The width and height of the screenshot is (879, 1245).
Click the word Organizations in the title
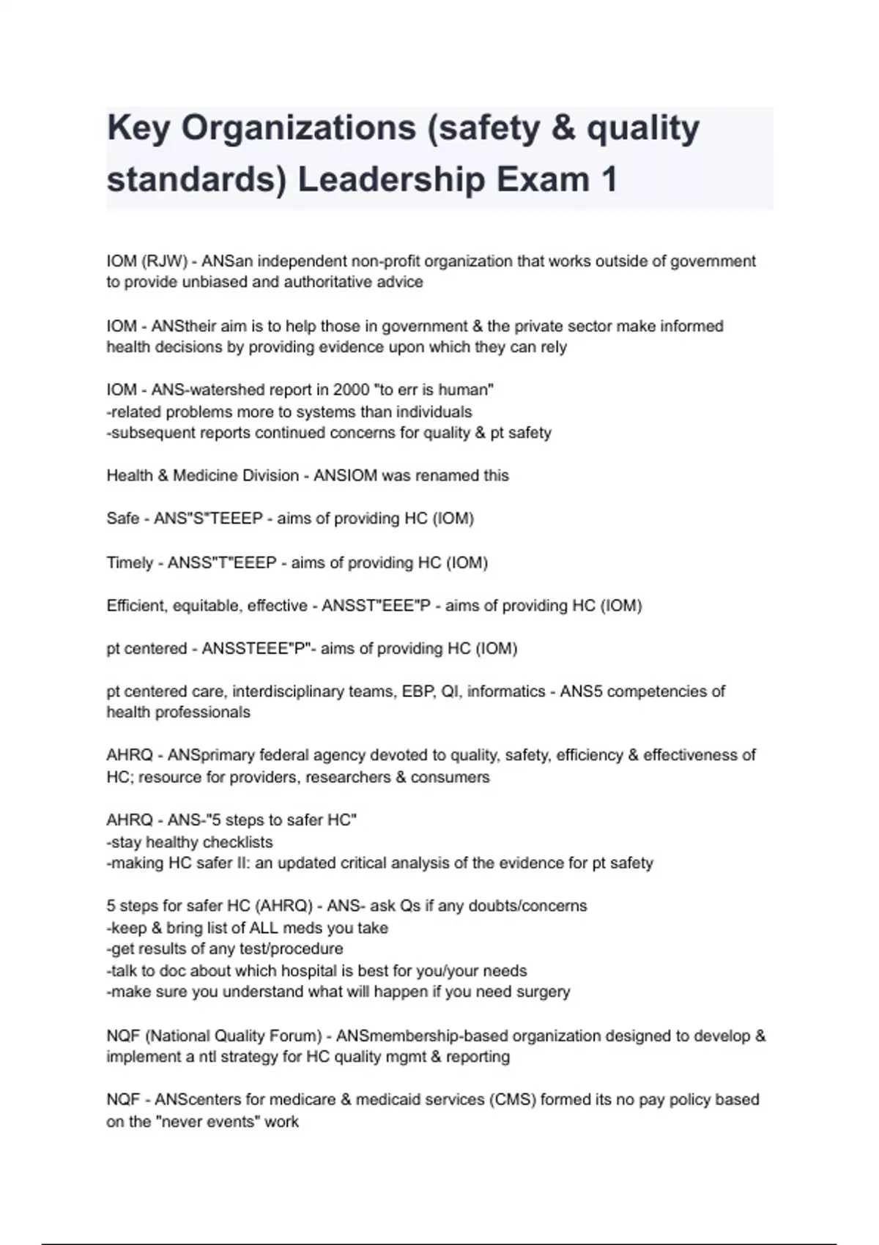[299, 129]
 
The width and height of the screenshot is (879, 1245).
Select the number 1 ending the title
[608, 180]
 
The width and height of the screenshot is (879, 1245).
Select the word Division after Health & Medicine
[264, 475]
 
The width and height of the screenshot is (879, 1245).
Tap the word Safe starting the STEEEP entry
[123, 519]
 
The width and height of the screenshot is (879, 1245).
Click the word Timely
[130, 562]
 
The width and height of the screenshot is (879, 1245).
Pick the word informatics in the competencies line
[506, 691]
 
